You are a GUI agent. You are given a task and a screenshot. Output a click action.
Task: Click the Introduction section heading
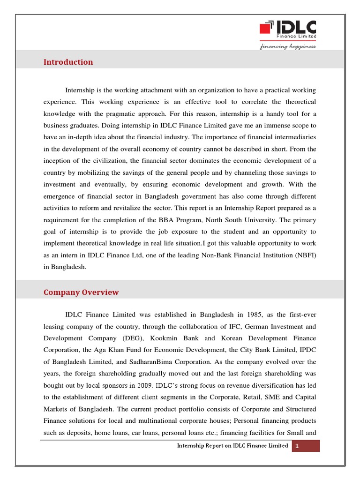pyautogui.click(x=68, y=62)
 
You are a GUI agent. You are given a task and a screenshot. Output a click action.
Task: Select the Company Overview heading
pyautogui.click(x=81, y=292)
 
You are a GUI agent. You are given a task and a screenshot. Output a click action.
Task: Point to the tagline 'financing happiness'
pyautogui.click(x=288, y=46)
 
